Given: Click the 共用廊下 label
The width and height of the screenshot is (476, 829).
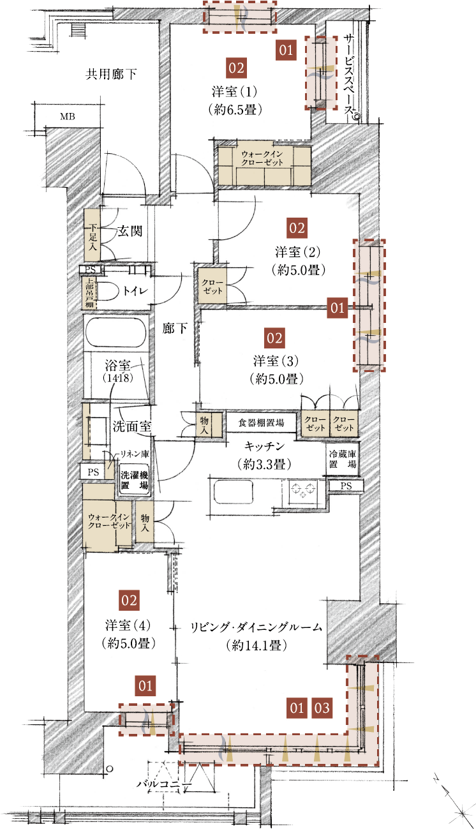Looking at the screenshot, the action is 111,75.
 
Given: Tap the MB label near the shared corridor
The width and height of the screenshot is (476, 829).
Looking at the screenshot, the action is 68,117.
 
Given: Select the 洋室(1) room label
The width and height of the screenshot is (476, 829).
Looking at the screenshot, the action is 235,91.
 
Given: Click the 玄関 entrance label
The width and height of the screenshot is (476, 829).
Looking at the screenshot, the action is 130,231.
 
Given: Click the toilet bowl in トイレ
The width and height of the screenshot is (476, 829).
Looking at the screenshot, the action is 105,291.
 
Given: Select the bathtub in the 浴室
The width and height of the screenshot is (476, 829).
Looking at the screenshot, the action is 115,332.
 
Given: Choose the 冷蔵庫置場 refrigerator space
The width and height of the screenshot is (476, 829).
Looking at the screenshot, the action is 343,459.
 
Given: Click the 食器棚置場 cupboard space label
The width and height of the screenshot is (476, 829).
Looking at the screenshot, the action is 261,422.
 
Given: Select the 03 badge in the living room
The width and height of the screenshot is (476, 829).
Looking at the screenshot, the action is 322,708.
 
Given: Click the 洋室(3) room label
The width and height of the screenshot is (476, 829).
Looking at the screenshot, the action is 276,361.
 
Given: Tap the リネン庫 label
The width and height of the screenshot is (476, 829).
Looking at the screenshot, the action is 135,454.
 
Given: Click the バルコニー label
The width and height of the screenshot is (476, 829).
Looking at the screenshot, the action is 164,784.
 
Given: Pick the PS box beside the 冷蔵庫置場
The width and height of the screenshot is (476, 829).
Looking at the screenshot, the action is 346,486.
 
